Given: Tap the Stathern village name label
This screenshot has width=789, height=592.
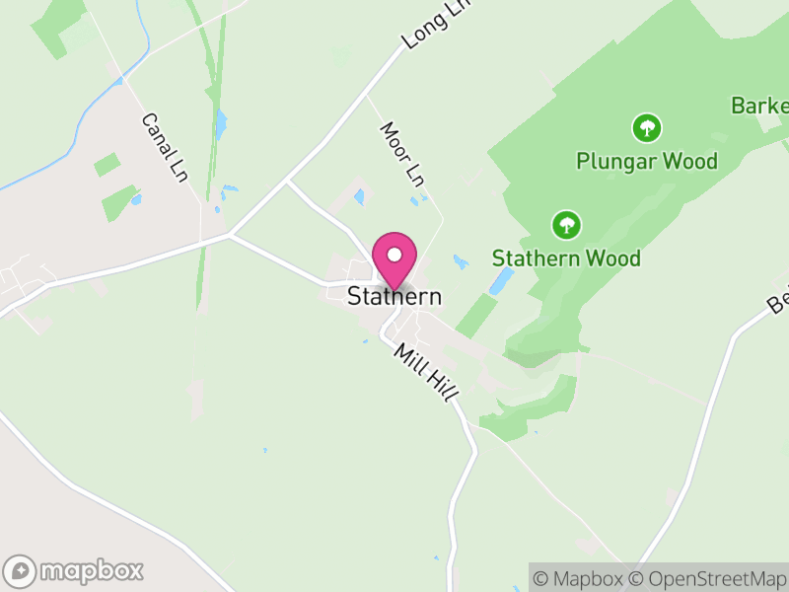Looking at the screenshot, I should click(x=394, y=296).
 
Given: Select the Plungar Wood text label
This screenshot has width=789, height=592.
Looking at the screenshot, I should click(x=647, y=161).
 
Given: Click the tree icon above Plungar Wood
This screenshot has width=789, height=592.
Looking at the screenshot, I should click(x=647, y=127).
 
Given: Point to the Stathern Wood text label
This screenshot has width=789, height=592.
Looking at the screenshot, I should click(x=566, y=259).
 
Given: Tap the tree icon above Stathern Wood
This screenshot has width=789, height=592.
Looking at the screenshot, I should click(x=566, y=225).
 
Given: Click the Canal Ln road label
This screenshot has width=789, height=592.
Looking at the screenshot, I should click(x=164, y=147).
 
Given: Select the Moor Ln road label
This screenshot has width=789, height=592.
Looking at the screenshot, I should click(x=402, y=155).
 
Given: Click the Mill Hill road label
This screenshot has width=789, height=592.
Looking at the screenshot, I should click(x=426, y=370).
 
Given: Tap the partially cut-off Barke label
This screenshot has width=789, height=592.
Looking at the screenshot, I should click(x=760, y=106).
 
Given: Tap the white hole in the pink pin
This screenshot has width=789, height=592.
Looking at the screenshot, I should click(x=394, y=254).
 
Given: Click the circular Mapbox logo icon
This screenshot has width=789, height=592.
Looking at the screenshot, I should click(x=21, y=570).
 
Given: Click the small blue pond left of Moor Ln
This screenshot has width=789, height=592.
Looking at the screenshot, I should click(x=359, y=196).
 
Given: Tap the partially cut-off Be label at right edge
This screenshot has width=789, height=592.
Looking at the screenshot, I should click(x=778, y=301).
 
